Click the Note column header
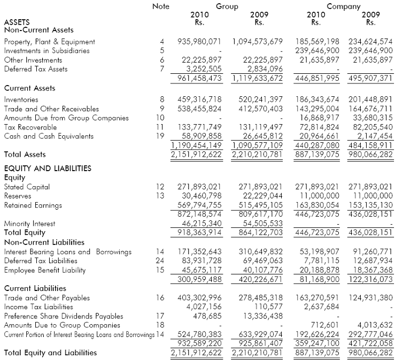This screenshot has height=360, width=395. [160, 6]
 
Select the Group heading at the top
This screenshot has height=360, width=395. [227, 6]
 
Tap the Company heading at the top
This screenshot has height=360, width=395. [344, 6]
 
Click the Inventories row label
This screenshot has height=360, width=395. [21, 99]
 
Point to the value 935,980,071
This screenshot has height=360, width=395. [199, 42]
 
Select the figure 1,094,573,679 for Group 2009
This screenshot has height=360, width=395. [258, 42]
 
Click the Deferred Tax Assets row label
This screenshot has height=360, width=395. [36, 69]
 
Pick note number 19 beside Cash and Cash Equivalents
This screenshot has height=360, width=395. [160, 136]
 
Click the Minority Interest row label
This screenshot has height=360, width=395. [29, 224]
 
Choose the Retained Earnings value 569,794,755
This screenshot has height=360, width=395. [199, 205]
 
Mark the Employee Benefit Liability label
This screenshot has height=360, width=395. [45, 270]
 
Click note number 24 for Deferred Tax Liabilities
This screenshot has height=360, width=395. [160, 261]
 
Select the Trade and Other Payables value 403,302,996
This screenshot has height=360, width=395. [199, 298]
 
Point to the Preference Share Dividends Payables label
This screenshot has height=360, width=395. [64, 316]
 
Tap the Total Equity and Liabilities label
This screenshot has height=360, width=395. [51, 353]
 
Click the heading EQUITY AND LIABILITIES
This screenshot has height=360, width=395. [48, 168]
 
